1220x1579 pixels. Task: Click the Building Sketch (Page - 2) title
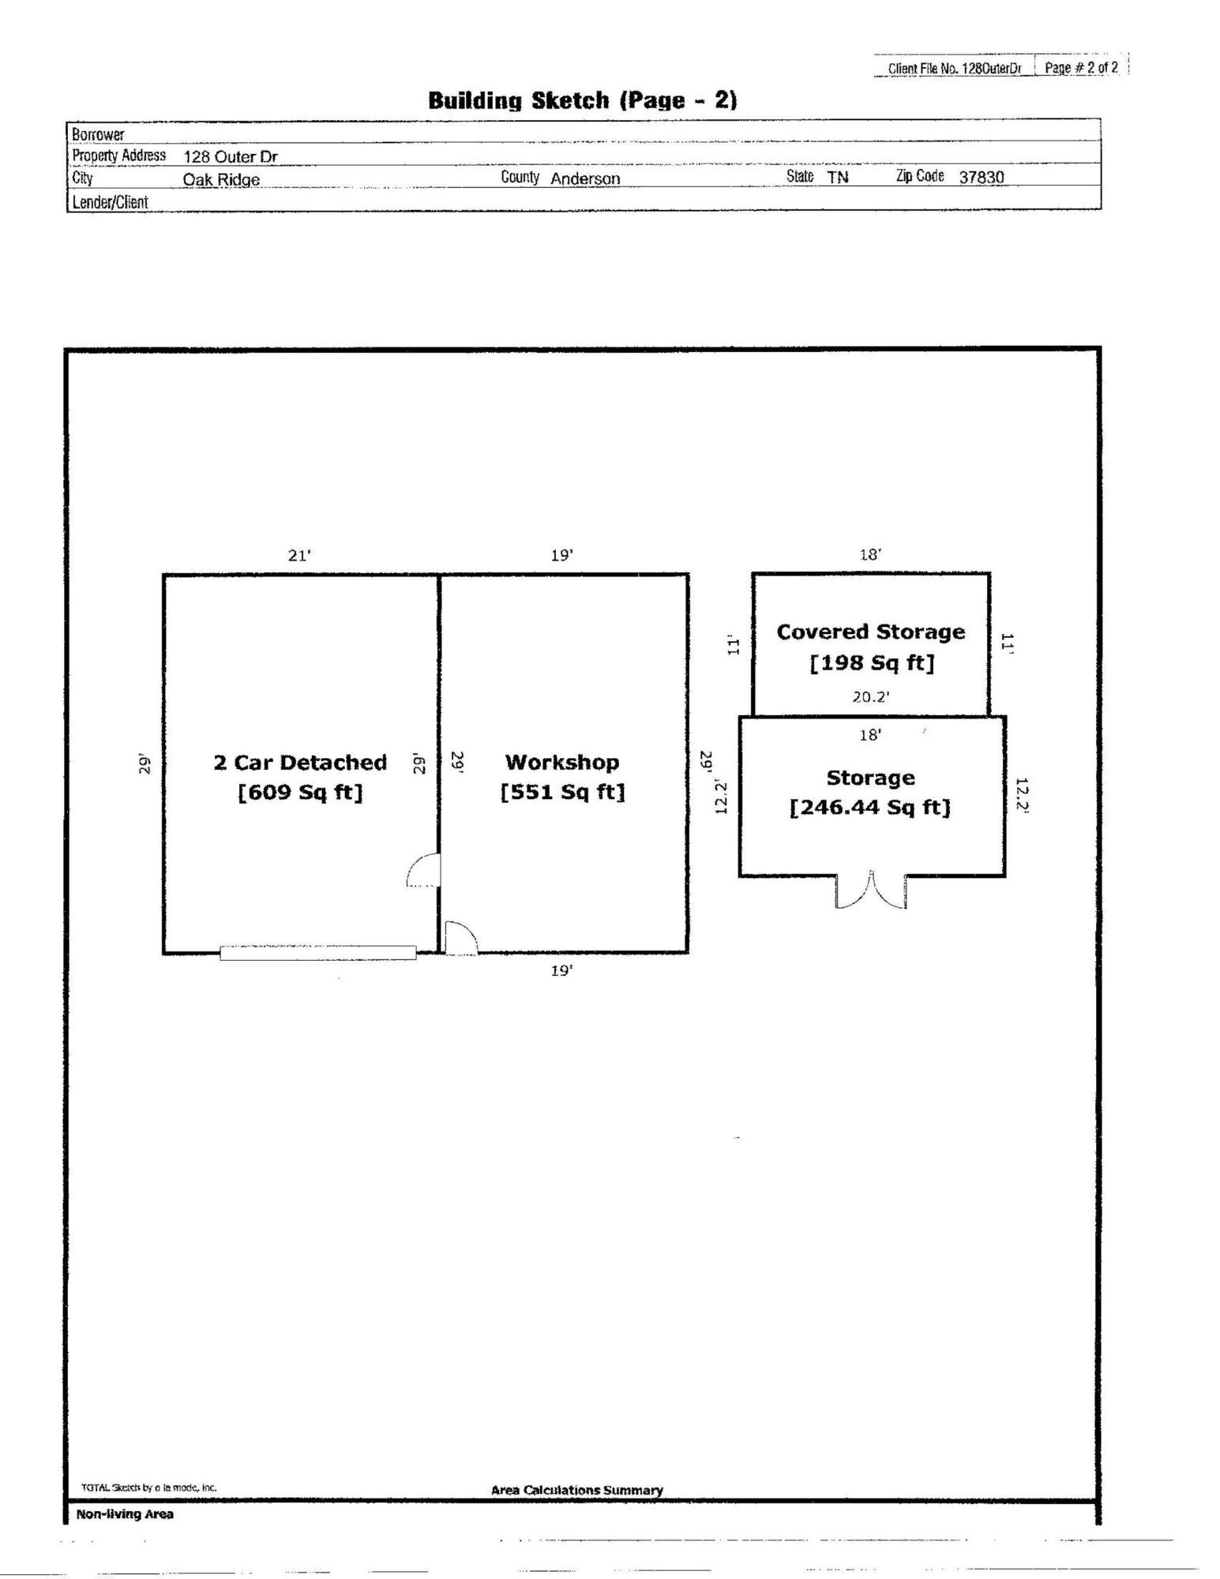(583, 101)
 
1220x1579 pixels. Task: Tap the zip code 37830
(982, 178)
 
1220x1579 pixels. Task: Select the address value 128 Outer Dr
(231, 156)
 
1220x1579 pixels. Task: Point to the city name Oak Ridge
(221, 179)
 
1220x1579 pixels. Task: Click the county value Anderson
(585, 178)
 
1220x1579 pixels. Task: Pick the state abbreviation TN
(838, 178)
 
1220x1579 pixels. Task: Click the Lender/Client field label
(110, 202)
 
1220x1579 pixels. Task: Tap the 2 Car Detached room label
(300, 763)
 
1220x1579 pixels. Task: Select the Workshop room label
(562, 763)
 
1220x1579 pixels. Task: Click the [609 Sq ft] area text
(300, 792)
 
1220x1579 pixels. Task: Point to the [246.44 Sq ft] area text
(870, 808)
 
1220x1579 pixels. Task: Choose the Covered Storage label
(871, 632)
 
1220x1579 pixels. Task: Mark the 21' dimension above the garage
(299, 556)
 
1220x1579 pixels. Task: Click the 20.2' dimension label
(871, 697)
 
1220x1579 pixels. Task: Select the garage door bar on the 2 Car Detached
(318, 953)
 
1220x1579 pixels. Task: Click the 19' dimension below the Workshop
(561, 971)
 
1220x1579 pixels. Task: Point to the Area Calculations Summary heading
(577, 1490)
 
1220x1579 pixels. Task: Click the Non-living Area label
(125, 1514)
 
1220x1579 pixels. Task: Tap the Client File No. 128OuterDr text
(955, 68)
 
